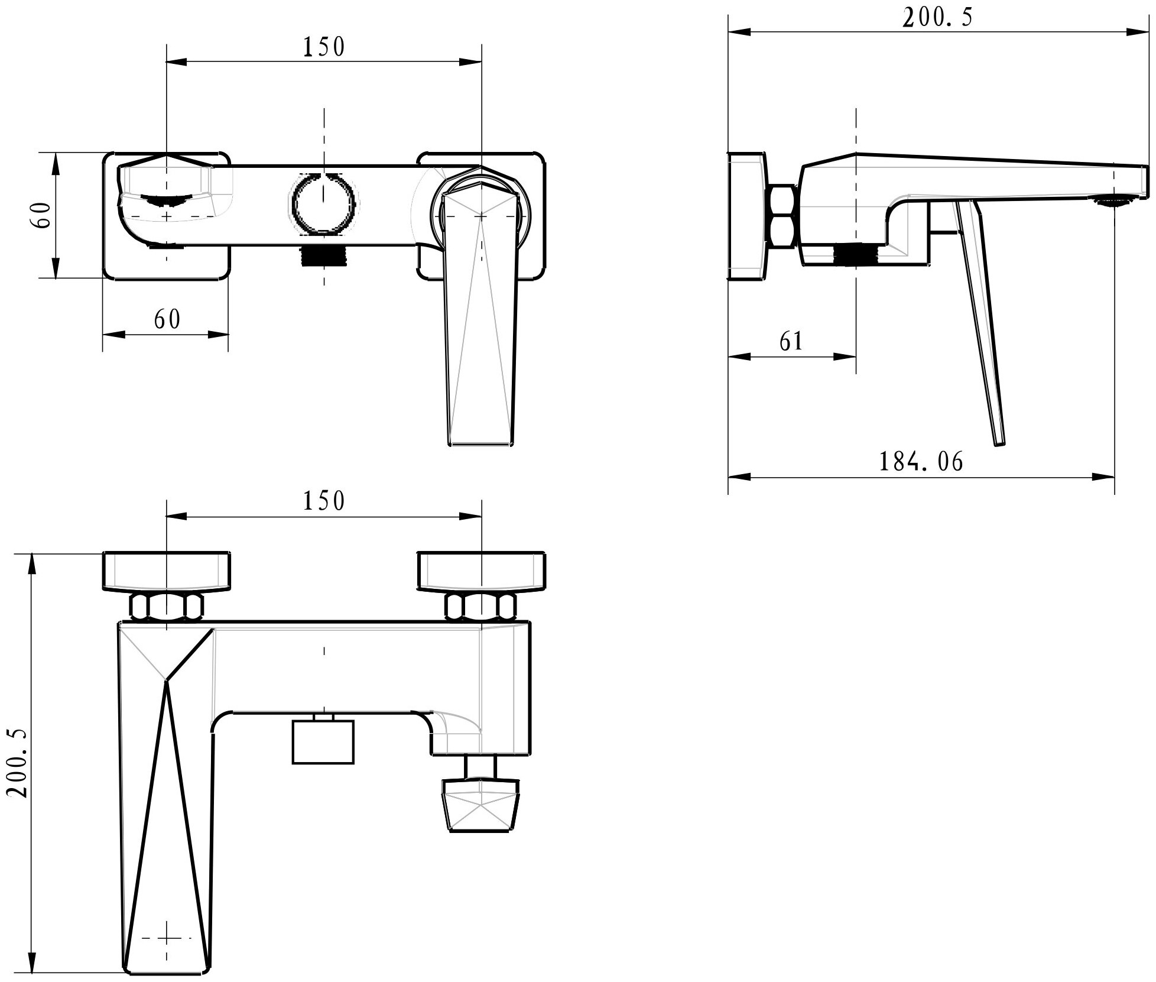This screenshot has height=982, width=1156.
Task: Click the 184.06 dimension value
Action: tap(921, 462)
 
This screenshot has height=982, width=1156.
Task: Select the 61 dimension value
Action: tap(791, 341)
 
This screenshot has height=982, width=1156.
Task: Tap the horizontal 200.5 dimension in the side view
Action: tap(937, 18)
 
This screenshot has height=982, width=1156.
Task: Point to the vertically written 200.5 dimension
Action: tap(19, 762)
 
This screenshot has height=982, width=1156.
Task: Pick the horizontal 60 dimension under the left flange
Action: tap(167, 320)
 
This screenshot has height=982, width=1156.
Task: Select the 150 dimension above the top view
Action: tap(324, 47)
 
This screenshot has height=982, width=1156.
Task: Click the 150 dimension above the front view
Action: tap(324, 501)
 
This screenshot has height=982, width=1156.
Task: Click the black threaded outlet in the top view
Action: tap(324, 256)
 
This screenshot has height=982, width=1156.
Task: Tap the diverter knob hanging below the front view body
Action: tap(482, 805)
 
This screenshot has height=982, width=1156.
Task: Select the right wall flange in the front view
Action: tap(482, 571)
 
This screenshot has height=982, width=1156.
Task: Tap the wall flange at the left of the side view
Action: tap(747, 216)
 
